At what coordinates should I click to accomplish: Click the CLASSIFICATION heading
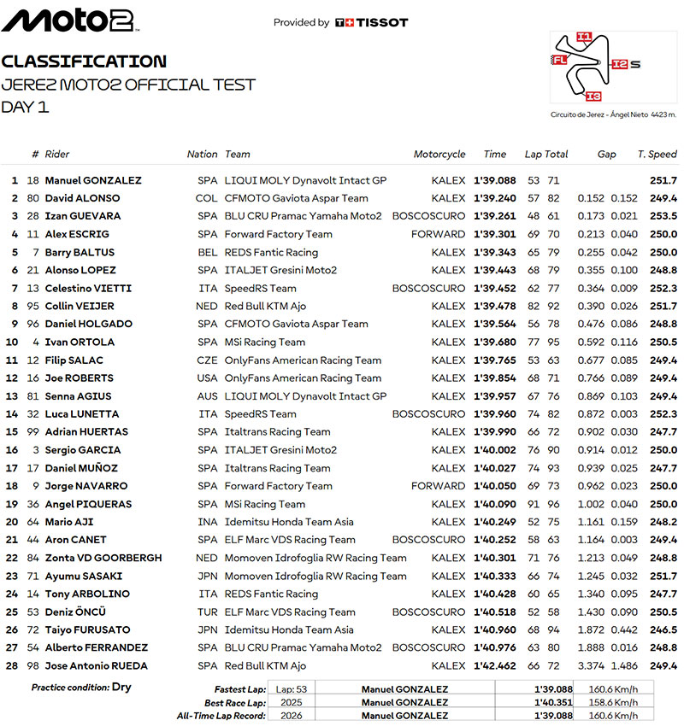pos(84,61)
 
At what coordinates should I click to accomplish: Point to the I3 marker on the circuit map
pos(594,96)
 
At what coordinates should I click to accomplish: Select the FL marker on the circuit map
pos(559,60)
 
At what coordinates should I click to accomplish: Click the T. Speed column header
pos(657,155)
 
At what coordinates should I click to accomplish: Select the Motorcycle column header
pos(439,155)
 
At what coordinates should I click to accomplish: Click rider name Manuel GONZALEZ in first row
pos(93,180)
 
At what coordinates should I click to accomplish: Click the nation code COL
pos(207,198)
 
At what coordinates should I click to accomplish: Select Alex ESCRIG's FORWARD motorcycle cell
pos(438,234)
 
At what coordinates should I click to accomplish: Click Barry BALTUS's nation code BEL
pos(208,252)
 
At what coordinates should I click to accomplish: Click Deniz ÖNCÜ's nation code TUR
pos(208,612)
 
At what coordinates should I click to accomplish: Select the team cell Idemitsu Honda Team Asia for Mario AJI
pos(289,522)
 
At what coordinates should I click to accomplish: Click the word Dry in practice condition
pos(121,687)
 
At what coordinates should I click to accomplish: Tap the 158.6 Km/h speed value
pos(609,703)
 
